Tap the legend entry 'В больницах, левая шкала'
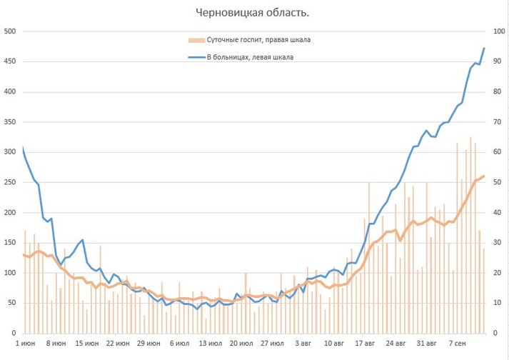pos(250,57)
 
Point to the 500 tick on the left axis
pos(10,31)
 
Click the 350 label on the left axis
pos(10,122)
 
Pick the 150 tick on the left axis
pos(10,243)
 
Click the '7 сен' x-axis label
pos(458,344)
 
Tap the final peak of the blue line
pos(484,49)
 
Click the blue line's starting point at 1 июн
pos(23,148)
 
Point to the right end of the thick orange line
pos(484,176)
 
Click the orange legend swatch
pos(194,39)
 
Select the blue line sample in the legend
pos(194,57)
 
